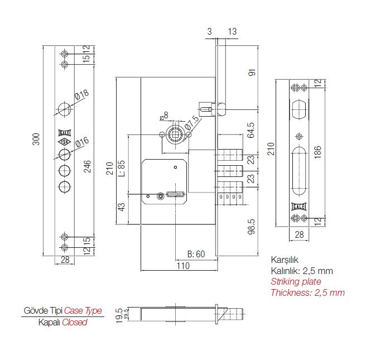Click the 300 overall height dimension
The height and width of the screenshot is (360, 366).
37,139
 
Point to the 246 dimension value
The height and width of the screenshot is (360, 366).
87,165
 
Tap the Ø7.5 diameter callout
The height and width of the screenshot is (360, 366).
192,121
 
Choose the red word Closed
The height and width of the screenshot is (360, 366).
75,322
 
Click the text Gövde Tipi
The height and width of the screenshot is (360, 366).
42,310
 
